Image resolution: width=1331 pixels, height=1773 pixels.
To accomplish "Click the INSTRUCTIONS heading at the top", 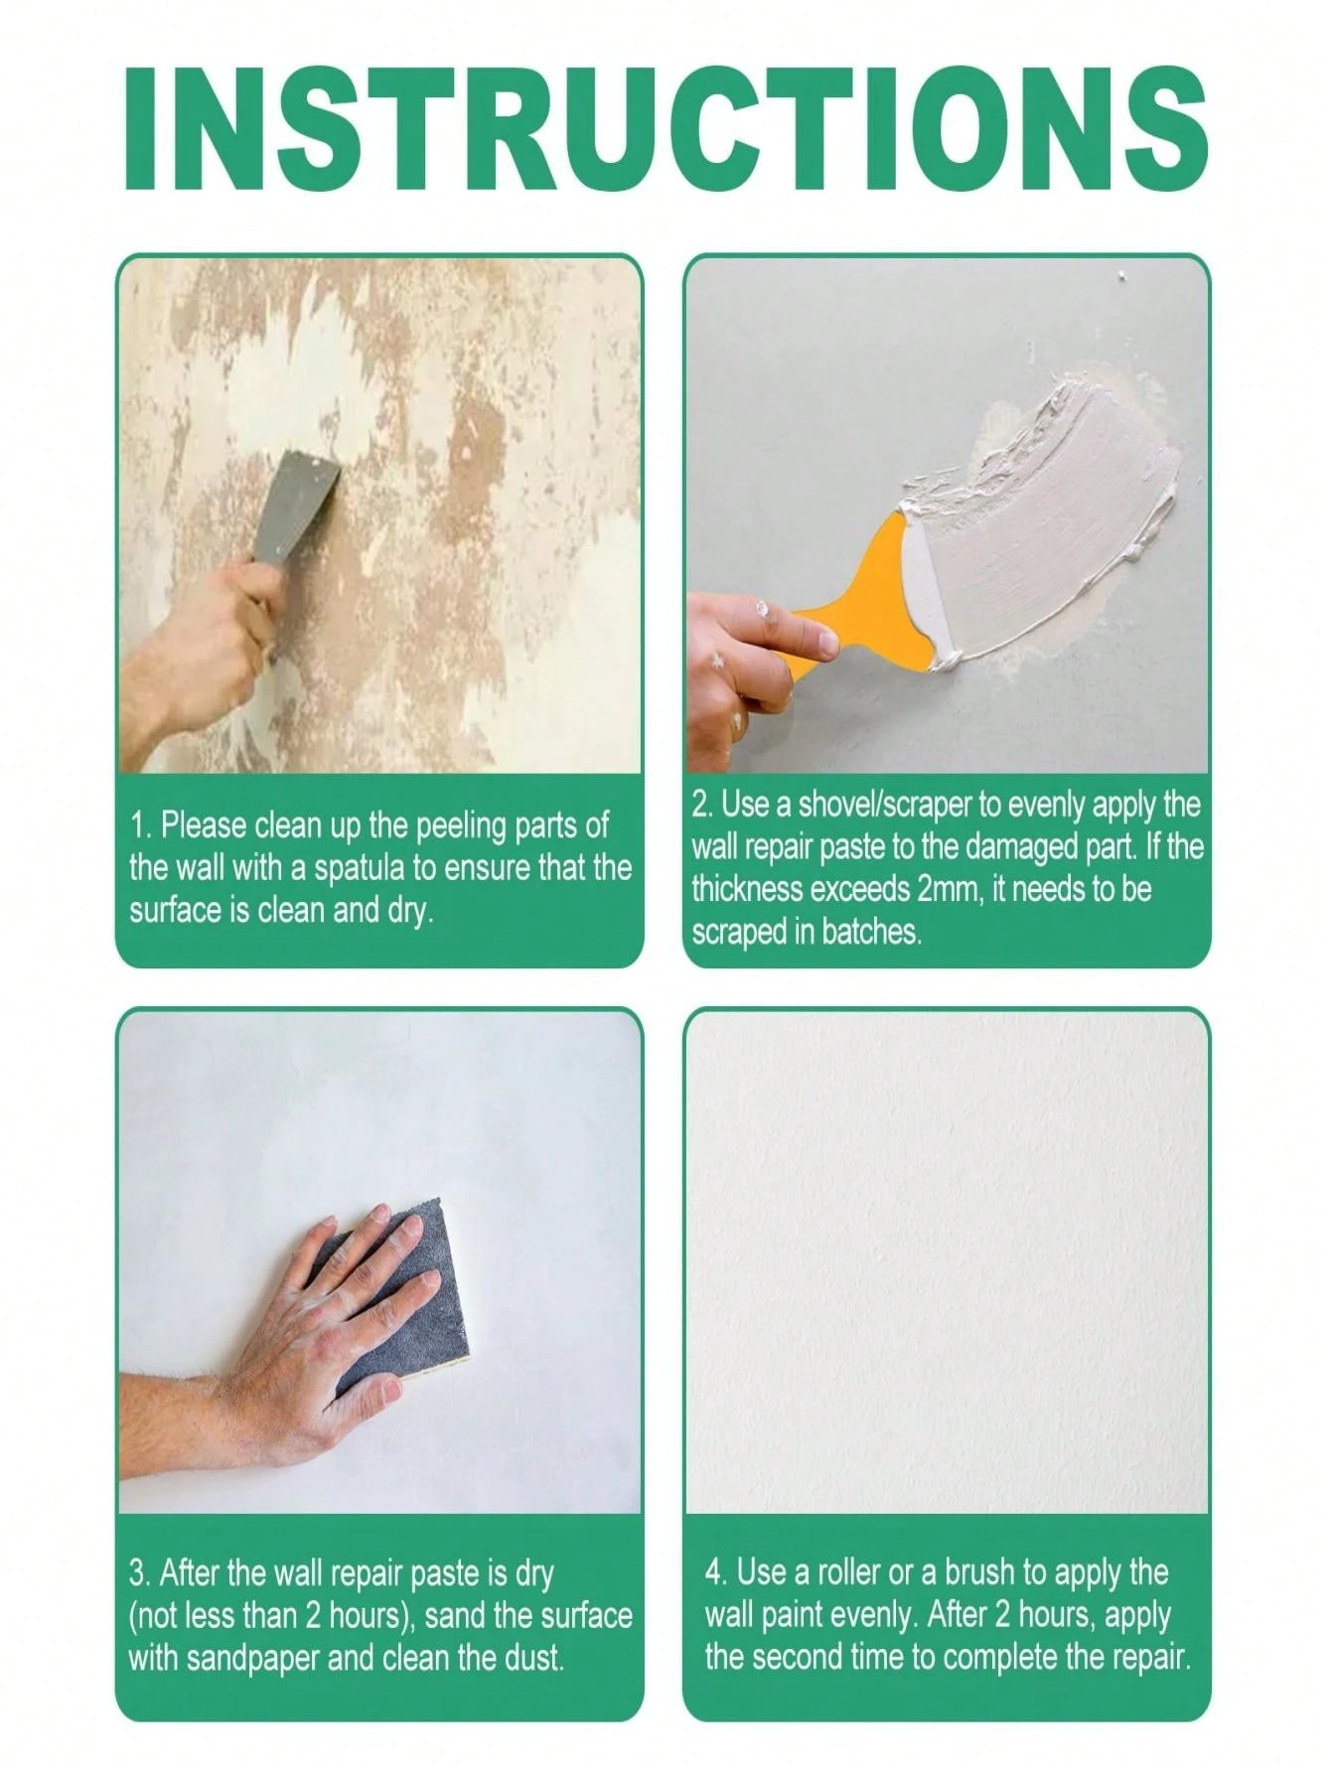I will click(x=665, y=129).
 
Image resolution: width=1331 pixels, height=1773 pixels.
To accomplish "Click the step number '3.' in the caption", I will click(x=140, y=1573).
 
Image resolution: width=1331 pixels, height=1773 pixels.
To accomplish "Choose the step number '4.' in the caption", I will click(x=717, y=1572).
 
